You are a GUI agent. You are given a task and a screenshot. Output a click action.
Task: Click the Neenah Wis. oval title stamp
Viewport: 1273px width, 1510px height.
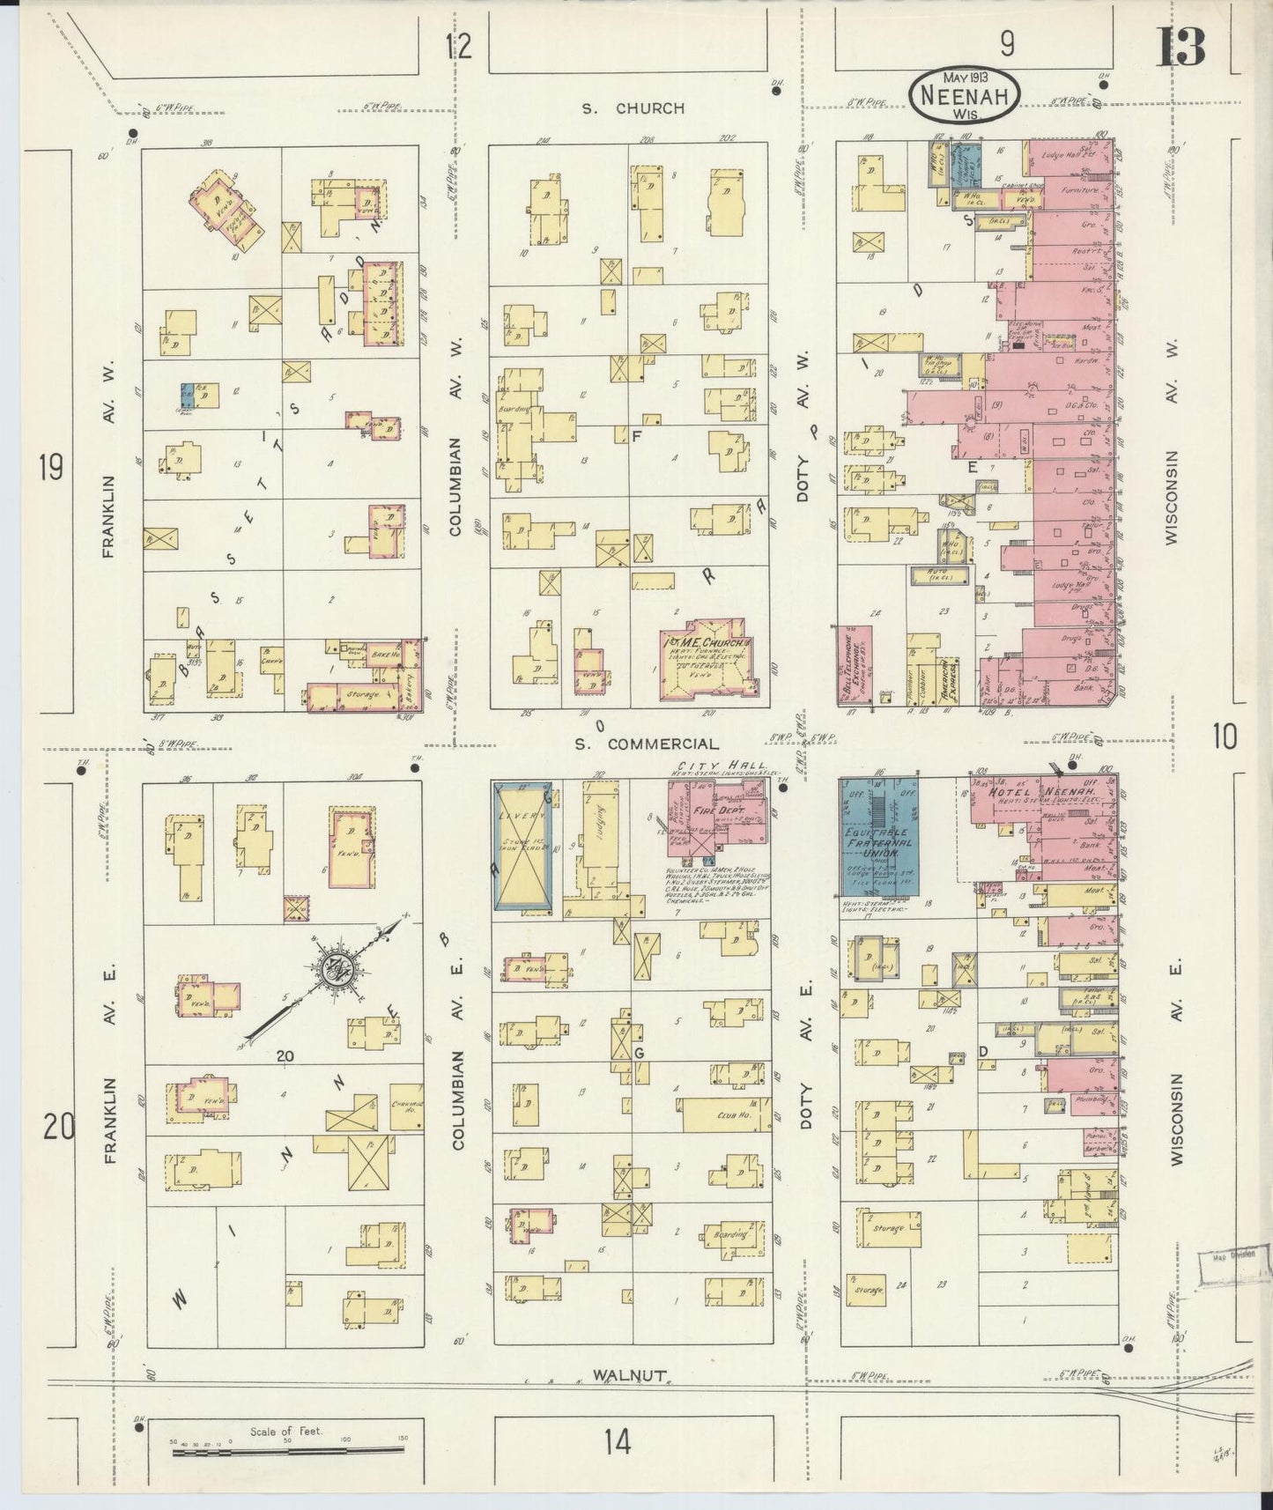(965, 94)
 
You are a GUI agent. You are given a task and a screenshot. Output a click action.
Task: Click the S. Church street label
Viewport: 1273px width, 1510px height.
(632, 108)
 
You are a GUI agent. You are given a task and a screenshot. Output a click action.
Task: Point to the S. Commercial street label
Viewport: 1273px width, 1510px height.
(646, 744)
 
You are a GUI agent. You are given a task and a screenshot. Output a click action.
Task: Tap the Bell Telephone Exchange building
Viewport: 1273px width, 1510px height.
(855, 665)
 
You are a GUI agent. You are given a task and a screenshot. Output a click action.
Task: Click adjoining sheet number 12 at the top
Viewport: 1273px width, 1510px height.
(458, 46)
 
